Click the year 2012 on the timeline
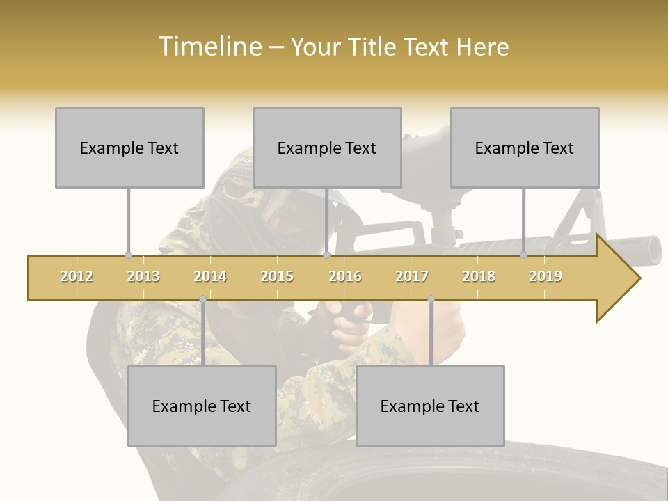point(77,276)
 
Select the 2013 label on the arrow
point(143,276)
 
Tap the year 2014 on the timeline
point(210,276)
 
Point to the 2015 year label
point(277,276)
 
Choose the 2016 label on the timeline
point(345,276)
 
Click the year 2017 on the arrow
point(412,276)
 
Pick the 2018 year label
point(479,276)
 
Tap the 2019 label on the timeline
point(546,276)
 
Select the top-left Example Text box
point(129,148)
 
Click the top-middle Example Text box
point(327,148)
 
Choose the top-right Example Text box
point(525,148)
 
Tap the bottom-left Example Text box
point(202,406)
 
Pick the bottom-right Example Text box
point(430,406)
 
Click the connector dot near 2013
point(128,255)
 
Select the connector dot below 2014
point(202,299)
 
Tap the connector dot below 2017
point(431,299)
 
